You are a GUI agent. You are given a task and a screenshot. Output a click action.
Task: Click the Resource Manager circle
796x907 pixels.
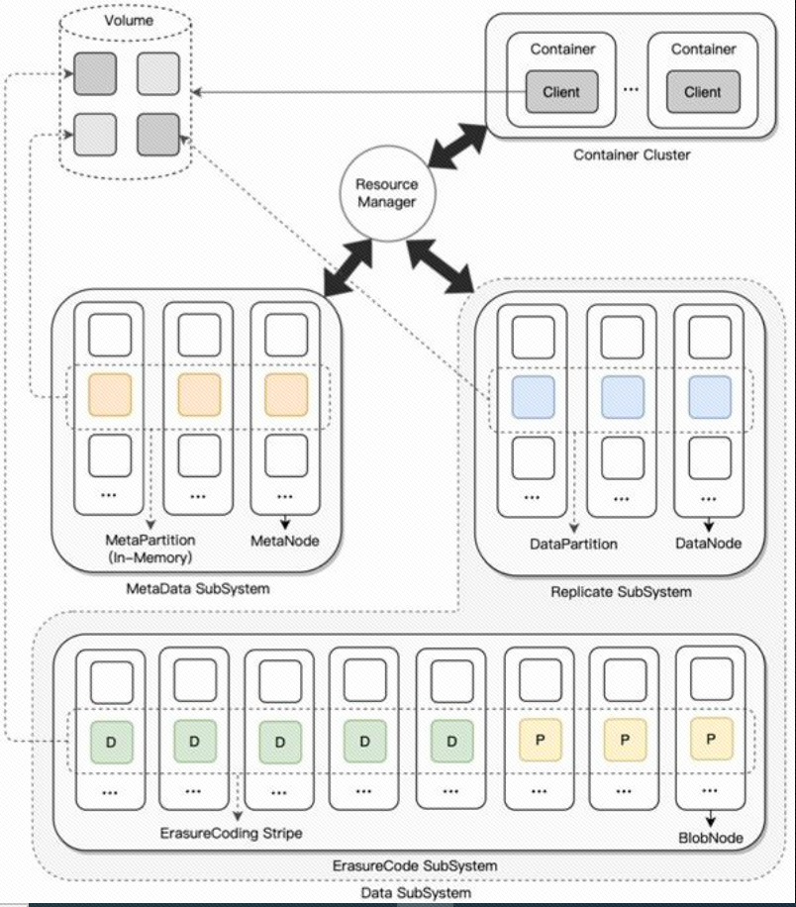pos(386,193)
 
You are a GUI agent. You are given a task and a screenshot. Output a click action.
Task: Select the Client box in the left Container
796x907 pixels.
pos(561,91)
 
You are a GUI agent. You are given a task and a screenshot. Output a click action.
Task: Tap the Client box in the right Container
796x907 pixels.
pos(703,91)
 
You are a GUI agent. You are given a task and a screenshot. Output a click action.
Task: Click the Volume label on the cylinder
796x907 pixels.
pos(129,20)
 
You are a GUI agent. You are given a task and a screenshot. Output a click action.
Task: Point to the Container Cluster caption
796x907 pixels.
pos(632,155)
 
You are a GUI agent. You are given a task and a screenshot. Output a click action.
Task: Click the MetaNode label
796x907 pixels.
pos(284,541)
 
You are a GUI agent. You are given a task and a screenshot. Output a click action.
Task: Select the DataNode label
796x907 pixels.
pos(708,544)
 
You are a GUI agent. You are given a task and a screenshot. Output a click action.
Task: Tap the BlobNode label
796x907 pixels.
pos(711,838)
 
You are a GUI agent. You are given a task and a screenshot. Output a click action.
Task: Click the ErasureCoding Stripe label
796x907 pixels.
pos(231,833)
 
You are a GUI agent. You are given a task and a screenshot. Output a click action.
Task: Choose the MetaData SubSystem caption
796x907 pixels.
pos(198,589)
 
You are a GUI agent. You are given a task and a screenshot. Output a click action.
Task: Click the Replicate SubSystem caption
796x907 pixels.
pos(621,592)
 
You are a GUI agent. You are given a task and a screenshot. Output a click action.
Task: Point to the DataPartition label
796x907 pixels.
pos(573,544)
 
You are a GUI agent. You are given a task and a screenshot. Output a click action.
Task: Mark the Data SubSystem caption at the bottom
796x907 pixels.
pos(416,892)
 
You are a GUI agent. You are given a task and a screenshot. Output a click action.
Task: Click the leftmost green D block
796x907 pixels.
pos(112,742)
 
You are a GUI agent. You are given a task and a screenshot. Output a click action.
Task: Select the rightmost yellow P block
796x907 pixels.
pos(711,739)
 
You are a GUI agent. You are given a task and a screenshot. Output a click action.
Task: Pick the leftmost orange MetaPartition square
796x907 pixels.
pos(110,394)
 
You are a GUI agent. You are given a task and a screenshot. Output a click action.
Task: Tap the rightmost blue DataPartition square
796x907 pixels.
pos(710,397)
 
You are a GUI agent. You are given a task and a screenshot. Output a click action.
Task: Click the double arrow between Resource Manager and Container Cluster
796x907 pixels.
pos(457,146)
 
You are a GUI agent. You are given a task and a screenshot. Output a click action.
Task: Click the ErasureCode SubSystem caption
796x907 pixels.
pos(415,866)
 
